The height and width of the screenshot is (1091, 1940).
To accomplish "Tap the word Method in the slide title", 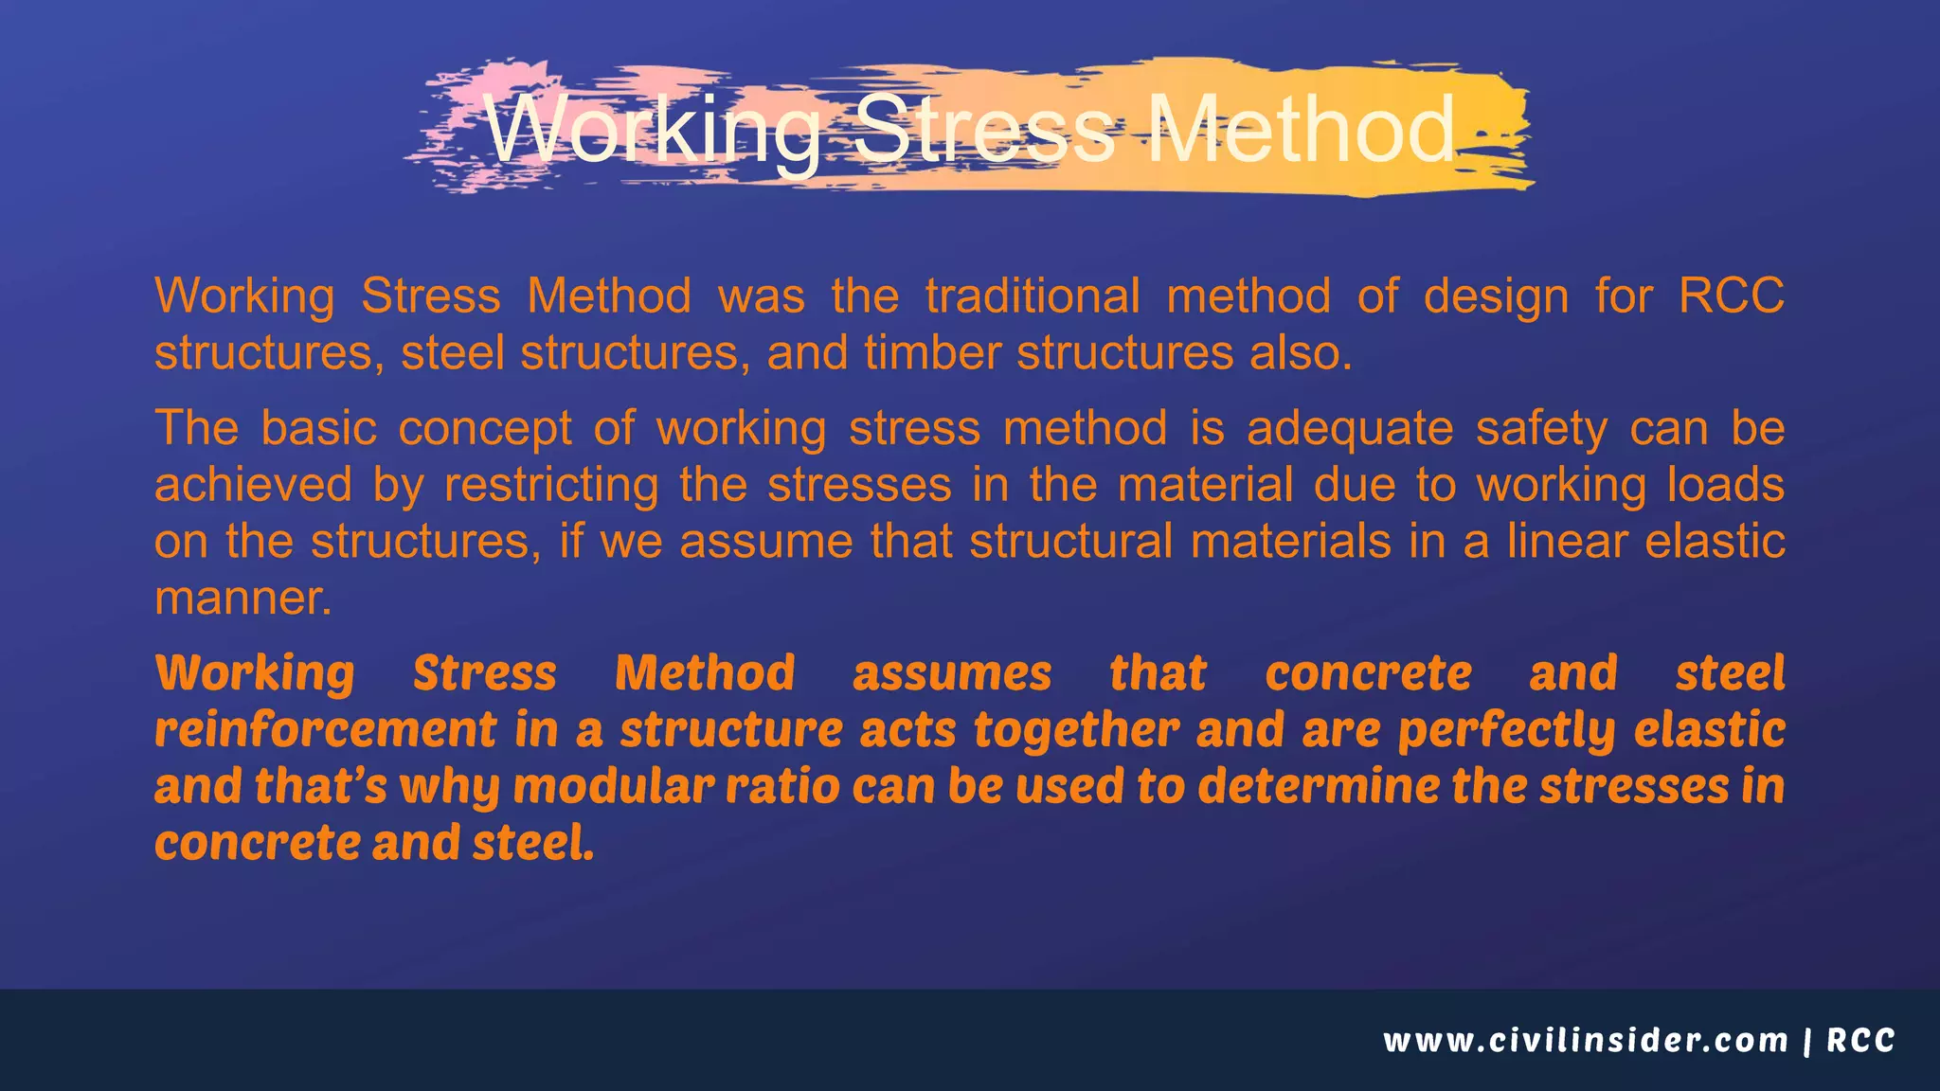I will click(1300, 130).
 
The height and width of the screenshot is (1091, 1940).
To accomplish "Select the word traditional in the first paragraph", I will click(1033, 295).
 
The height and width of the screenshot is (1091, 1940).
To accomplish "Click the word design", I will click(1496, 295).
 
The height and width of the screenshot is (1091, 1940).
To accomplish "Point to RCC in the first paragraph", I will click(1731, 295).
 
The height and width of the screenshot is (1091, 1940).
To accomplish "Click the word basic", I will click(318, 428).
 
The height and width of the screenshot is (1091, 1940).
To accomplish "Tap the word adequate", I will click(1349, 430).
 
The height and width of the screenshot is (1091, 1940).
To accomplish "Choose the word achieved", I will click(253, 485).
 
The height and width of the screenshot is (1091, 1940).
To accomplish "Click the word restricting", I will click(551, 487).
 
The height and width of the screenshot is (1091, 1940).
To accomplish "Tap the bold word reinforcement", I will click(325, 730).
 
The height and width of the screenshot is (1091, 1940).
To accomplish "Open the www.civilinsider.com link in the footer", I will click(1585, 1041).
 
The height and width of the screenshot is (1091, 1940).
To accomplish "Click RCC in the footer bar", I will click(1860, 1041).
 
